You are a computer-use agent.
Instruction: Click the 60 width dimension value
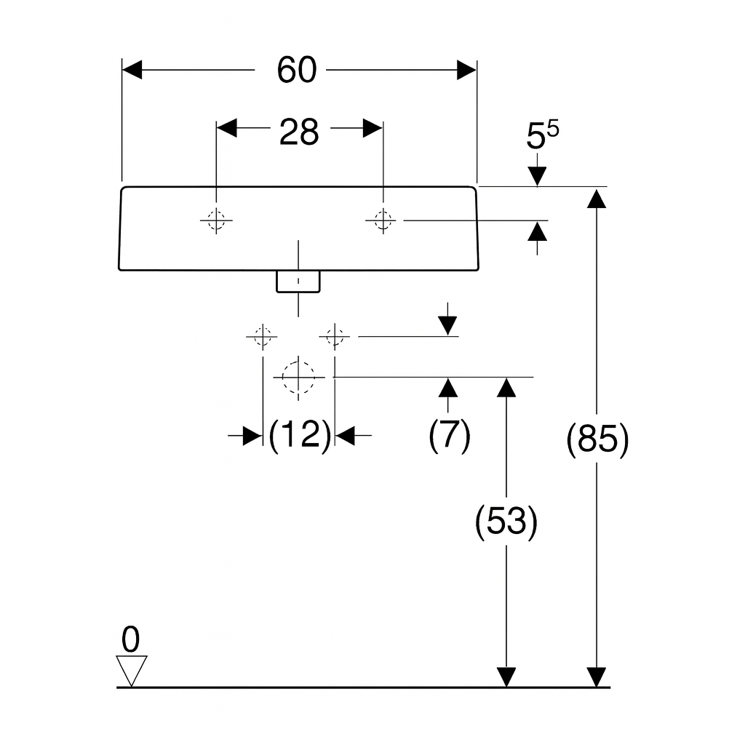pyautogui.click(x=297, y=70)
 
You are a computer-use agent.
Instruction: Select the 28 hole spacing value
pyautogui.click(x=299, y=132)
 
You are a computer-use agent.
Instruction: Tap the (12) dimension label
pyautogui.click(x=299, y=436)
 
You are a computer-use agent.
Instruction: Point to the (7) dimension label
pyautogui.click(x=449, y=436)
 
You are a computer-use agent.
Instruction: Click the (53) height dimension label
pyautogui.click(x=506, y=522)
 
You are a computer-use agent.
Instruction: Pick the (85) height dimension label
pyautogui.click(x=597, y=440)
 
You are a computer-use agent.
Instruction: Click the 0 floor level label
pyautogui.click(x=130, y=640)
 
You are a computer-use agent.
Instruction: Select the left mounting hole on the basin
pyautogui.click(x=216, y=219)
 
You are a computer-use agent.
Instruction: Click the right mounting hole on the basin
pyautogui.click(x=383, y=219)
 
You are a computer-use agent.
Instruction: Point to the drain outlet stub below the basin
pyautogui.click(x=298, y=282)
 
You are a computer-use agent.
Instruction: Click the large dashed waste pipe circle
pyautogui.click(x=298, y=377)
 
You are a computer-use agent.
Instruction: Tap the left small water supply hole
pyautogui.click(x=261, y=337)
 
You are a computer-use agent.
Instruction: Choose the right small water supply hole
pyautogui.click(x=334, y=337)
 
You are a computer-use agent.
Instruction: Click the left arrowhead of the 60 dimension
pyautogui.click(x=132, y=70)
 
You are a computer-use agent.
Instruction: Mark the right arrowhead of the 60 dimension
pyautogui.click(x=466, y=70)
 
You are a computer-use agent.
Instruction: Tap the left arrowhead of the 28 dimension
pyautogui.click(x=227, y=128)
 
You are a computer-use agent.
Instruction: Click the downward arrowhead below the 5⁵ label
pyautogui.click(x=537, y=176)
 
